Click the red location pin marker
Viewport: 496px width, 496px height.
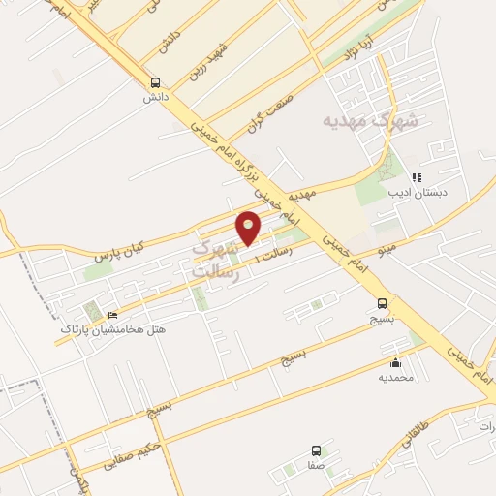(250, 227)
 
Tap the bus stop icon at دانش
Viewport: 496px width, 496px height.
(155, 83)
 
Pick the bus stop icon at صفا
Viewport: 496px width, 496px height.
(316, 450)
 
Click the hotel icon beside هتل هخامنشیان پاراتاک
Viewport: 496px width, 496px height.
(112, 315)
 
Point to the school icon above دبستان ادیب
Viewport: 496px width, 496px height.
(417, 177)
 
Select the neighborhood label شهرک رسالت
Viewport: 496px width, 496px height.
(216, 259)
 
